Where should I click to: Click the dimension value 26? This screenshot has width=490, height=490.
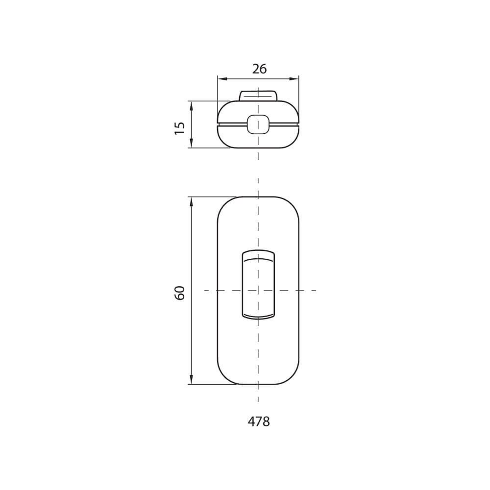pyautogui.click(x=259, y=69)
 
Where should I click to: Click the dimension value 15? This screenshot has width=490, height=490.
pyautogui.click(x=180, y=128)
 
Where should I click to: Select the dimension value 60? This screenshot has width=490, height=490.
pyautogui.click(x=180, y=293)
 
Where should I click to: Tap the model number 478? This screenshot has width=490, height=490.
pyautogui.click(x=259, y=421)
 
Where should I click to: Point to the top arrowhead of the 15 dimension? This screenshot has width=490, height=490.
pyautogui.click(x=191, y=106)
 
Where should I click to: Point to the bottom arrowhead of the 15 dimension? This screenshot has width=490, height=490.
pyautogui.click(x=191, y=143)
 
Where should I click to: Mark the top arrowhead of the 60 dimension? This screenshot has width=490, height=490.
pyautogui.click(x=191, y=201)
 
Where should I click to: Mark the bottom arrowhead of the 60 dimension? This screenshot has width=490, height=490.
pyautogui.click(x=191, y=379)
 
